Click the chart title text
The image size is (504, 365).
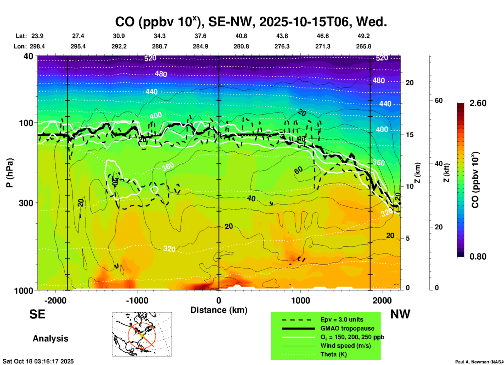[x=251, y=22]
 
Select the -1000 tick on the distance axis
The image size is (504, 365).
[x=137, y=300]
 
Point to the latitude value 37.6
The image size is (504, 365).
[x=200, y=36]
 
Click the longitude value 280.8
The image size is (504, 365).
[x=241, y=46]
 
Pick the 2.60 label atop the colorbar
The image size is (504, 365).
[x=478, y=103]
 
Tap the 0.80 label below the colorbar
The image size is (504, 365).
[x=478, y=256]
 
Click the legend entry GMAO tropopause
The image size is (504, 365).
[x=347, y=328]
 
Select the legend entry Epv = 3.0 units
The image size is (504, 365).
[x=342, y=319]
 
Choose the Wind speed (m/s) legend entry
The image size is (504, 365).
[x=345, y=346]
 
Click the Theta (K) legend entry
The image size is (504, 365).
[x=333, y=354]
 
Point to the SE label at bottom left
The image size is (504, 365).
[x=37, y=314]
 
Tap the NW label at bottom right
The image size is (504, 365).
[x=400, y=314]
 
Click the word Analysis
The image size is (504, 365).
[x=50, y=338]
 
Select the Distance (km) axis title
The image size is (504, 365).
[x=219, y=310]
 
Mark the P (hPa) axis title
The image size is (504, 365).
[x=9, y=173]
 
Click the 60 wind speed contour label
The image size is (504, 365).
[x=298, y=170]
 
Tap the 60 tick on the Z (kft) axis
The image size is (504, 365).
[x=439, y=101]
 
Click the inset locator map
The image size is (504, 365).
[x=142, y=334]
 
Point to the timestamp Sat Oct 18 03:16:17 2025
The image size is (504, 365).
[x=38, y=361]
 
